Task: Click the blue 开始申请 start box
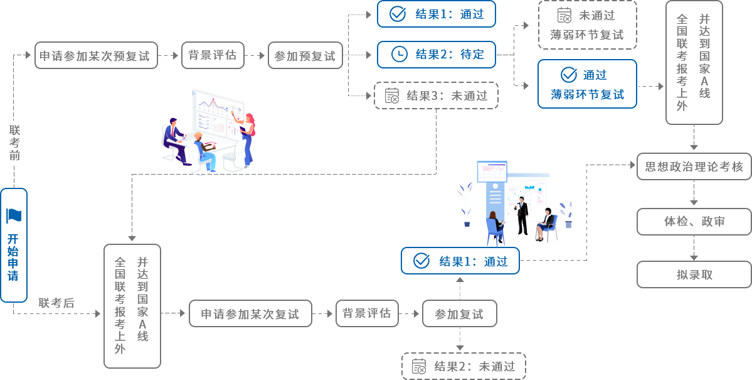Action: pyautogui.click(x=14, y=245)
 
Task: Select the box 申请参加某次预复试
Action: pyautogui.click(x=95, y=55)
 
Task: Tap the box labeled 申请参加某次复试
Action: pyautogui.click(x=250, y=313)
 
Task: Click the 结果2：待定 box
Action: pyautogui.click(x=436, y=54)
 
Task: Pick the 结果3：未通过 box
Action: pyautogui.click(x=436, y=95)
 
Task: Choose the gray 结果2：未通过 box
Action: pyautogui.click(x=463, y=366)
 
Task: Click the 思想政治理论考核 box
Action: pyautogui.click(x=694, y=166)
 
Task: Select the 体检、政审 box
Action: pyautogui.click(x=694, y=221)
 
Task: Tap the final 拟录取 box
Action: pyautogui.click(x=694, y=274)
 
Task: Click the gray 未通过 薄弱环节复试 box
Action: pyautogui.click(x=588, y=25)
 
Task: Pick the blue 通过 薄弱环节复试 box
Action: pyautogui.click(x=588, y=84)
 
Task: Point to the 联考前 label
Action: pyautogui.click(x=14, y=143)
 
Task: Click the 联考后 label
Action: pyautogui.click(x=56, y=303)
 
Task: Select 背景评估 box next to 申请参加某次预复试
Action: pyautogui.click(x=212, y=55)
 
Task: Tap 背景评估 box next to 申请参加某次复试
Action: pyautogui.click(x=366, y=313)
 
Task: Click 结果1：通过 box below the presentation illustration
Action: pyautogui.click(x=460, y=261)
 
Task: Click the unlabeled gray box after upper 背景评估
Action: pyautogui.click(x=305, y=55)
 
